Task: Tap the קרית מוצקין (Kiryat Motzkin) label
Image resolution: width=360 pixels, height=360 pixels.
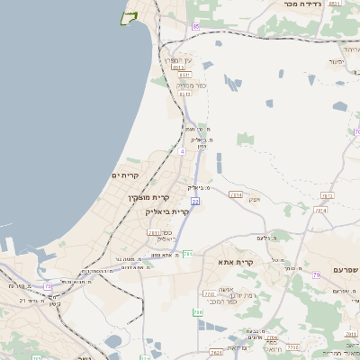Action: (x=149, y=196)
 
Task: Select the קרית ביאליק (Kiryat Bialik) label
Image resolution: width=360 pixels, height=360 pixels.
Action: (x=166, y=211)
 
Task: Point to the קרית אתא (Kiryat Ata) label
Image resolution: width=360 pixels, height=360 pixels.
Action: (x=236, y=262)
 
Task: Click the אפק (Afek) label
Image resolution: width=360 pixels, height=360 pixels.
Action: (x=254, y=200)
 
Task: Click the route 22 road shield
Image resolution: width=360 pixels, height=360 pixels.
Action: (x=195, y=202)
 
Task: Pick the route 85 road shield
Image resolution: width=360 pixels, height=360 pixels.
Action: (x=195, y=27)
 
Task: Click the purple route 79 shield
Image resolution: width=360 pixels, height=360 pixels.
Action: (x=316, y=274)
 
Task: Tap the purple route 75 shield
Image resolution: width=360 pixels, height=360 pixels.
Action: (x=47, y=286)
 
